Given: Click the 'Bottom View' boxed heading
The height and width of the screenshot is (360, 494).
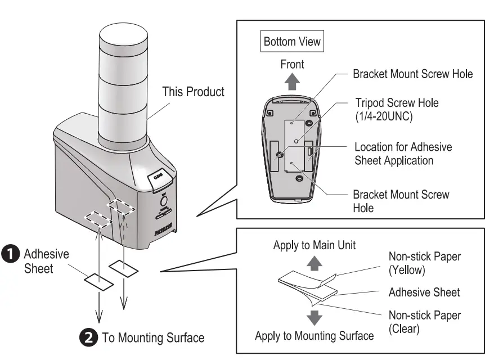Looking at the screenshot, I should pos(292,42).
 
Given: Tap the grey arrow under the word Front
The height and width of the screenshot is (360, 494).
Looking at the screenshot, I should pos(292,83).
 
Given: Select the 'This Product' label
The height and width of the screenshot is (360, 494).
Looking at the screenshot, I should pos(193,91).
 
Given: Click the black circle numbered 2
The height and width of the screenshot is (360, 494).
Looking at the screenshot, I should pos(89,338).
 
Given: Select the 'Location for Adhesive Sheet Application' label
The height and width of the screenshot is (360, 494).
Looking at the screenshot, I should pos(403,154).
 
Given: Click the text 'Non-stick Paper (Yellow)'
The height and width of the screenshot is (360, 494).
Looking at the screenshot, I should pos(425,263).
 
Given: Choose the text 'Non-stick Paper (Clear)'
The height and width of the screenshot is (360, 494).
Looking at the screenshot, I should pos(425,322).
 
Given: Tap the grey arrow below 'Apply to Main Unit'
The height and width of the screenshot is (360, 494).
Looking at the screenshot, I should pos(315,262).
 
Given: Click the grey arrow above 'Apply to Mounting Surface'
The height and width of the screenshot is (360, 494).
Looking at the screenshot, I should pos(315,317).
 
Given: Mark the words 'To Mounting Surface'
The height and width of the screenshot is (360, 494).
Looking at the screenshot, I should pos(153,338).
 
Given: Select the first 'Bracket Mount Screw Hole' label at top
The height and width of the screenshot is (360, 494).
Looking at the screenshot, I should pos(412,74).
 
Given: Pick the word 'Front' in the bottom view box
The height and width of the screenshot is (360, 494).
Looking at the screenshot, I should pos(292,64).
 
